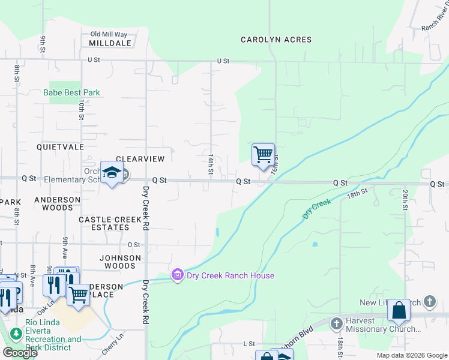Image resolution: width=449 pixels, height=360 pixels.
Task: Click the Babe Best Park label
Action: coord(71,93)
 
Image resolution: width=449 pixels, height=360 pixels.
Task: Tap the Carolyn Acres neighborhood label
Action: coord(276,40)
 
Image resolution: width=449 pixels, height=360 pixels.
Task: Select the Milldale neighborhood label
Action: coord(110,44)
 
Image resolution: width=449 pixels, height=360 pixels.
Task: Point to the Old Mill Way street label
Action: coord(109,34)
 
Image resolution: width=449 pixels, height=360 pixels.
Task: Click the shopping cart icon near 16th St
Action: coord(263,155)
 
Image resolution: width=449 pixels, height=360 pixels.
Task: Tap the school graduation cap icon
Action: coord(112,173)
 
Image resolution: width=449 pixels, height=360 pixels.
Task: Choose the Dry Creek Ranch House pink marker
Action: coord(177,275)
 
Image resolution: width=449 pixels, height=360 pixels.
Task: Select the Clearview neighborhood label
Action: coord(140,159)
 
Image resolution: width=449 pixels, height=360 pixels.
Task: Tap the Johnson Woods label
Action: coord(120,262)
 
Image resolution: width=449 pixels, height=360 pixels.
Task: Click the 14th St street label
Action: coord(211,164)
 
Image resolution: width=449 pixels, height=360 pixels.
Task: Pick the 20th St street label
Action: coord(406,200)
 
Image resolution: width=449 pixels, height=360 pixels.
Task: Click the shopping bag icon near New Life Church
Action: coord(399,310)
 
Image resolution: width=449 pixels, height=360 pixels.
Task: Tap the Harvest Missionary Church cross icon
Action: coord(336,323)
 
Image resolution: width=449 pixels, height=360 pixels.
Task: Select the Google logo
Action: coord(20,353)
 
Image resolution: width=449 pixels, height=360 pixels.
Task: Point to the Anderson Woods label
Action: coord(57,203)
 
